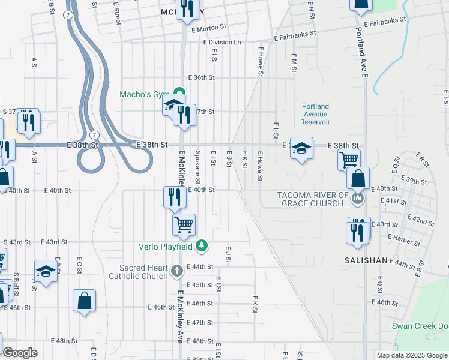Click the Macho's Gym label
[x=142, y=94]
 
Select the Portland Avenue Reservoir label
[x=316, y=114]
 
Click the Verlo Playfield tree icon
[x=203, y=245]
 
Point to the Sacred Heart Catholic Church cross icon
[x=176, y=271]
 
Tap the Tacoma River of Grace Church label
[x=312, y=199]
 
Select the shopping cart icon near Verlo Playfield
[x=184, y=224]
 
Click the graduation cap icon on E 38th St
[x=302, y=148]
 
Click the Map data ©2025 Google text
[x=412, y=355]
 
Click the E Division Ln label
[x=222, y=43]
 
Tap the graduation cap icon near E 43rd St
[x=46, y=271]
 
